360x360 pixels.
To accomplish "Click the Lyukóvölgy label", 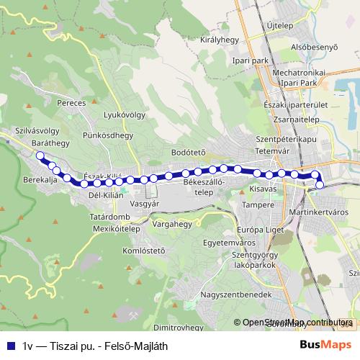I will click(125, 114).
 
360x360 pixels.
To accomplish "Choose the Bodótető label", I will click(189, 152).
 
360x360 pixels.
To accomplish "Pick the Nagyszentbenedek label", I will click(236, 295).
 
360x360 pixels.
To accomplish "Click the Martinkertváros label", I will click(318, 214).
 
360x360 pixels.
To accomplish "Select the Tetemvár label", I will click(273, 151).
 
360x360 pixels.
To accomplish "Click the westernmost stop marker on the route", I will click(40, 156).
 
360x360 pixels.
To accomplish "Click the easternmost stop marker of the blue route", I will click(320, 186).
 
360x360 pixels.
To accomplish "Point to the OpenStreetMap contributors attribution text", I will click(296, 323).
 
